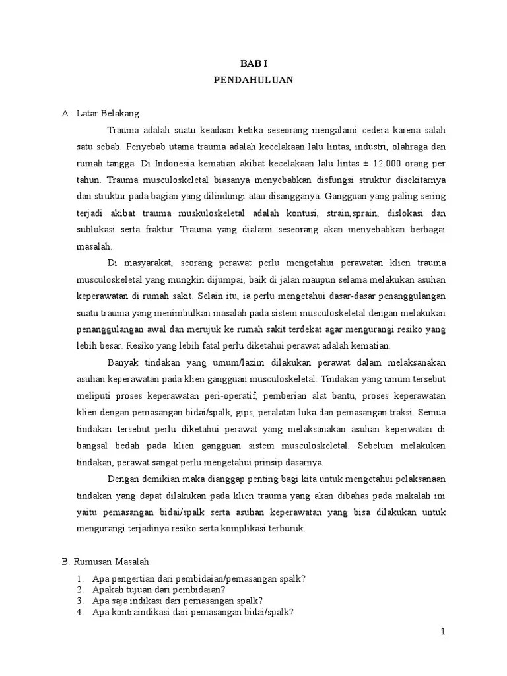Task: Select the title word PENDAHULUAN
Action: click(x=253, y=79)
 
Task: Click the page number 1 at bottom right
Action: click(x=444, y=632)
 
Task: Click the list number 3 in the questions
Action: click(x=79, y=600)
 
